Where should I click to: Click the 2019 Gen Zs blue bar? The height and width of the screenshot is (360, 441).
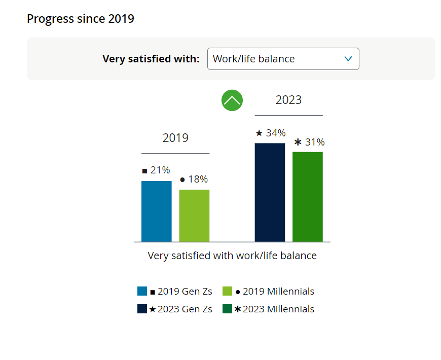click(x=156, y=211)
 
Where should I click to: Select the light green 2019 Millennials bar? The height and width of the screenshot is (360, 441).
click(x=194, y=215)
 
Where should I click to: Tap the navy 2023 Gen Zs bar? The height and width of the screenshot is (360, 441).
click(x=270, y=192)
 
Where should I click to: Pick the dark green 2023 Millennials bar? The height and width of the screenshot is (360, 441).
click(x=308, y=197)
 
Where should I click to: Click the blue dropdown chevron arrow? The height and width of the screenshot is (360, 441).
click(x=348, y=59)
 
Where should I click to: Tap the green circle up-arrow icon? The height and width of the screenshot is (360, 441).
click(x=232, y=100)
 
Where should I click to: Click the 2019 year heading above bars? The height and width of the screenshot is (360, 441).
click(x=175, y=138)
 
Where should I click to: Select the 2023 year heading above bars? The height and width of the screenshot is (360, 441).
click(x=288, y=100)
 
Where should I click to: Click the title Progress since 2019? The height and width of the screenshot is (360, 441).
click(x=81, y=19)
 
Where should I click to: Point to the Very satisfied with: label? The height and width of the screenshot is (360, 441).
click(x=151, y=59)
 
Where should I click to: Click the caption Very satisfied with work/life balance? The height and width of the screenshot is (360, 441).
click(x=232, y=256)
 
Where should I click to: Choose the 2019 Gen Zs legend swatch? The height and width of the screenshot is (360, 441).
click(x=142, y=292)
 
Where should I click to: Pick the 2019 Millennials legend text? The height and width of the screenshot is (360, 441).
click(x=278, y=292)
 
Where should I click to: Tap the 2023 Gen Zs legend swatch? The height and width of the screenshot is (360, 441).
click(x=142, y=309)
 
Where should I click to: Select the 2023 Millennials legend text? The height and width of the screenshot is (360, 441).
click(x=278, y=309)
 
